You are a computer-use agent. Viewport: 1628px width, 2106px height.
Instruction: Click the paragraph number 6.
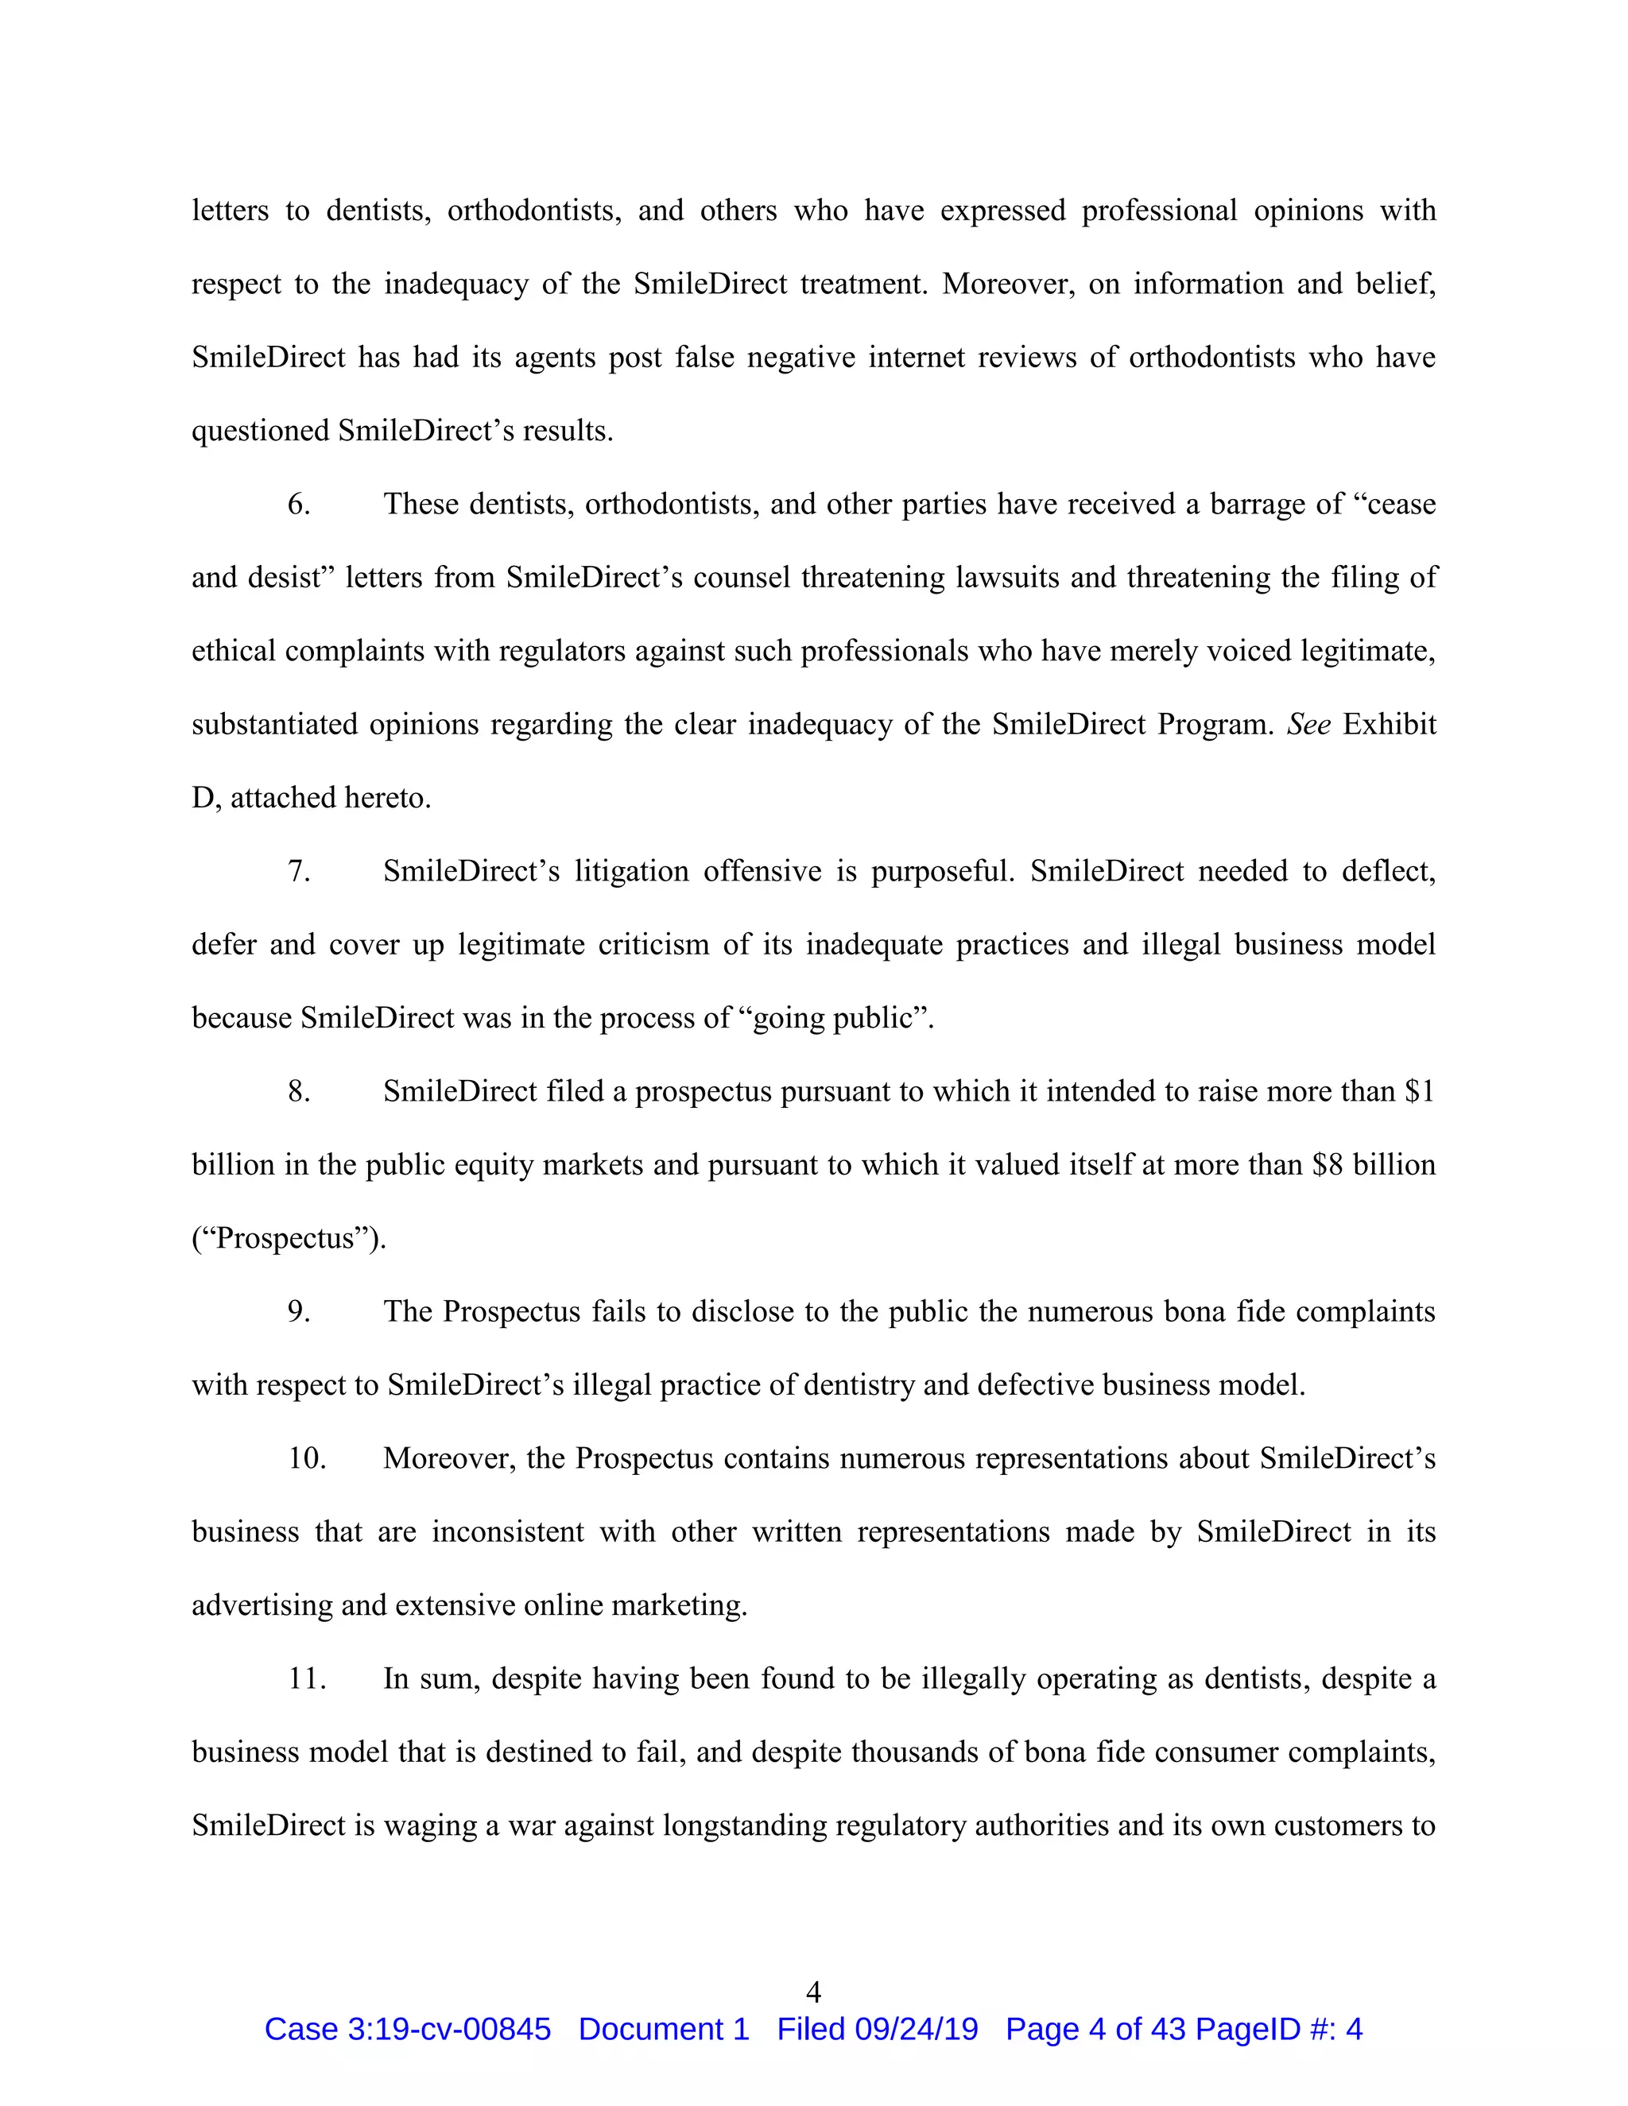point(299,505)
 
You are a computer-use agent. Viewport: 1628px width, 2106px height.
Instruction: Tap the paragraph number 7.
point(299,872)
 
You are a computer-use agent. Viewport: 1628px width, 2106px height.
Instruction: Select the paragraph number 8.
point(299,1092)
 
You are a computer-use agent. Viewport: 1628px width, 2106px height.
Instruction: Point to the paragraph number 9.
point(299,1311)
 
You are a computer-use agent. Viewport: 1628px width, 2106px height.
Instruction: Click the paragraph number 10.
point(307,1458)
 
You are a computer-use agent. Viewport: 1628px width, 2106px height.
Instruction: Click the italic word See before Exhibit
point(1308,724)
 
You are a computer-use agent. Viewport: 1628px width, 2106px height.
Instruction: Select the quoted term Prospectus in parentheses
point(285,1239)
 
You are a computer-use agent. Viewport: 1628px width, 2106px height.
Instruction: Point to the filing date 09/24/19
point(917,2029)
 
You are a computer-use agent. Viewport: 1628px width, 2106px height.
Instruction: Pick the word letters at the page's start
point(230,211)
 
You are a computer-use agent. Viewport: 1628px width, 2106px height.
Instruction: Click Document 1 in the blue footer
point(664,2029)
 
